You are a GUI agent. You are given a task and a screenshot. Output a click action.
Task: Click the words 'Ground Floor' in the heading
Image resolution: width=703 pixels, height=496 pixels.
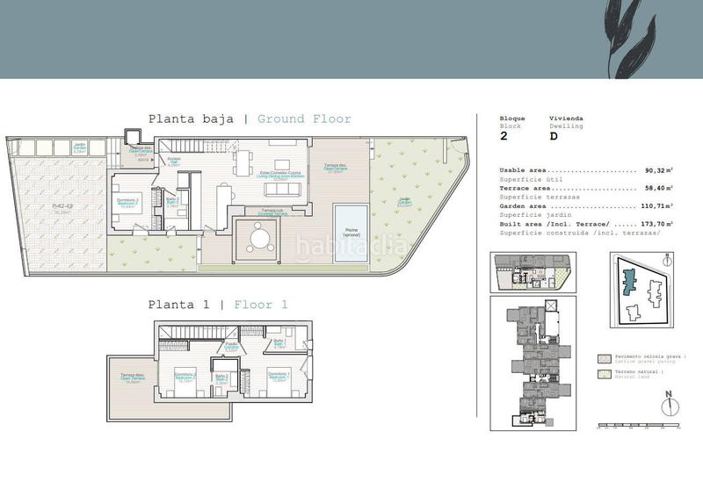304,119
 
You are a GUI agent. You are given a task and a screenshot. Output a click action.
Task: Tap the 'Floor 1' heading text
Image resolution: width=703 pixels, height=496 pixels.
259,305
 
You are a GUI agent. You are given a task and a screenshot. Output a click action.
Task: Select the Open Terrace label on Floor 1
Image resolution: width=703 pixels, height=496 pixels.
133,379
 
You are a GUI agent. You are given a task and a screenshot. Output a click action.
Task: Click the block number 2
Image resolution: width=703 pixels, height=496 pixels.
504,137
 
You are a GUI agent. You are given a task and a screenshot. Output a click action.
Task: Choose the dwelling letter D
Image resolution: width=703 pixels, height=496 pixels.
554,137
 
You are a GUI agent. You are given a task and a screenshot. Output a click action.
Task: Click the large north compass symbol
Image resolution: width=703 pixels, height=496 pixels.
670,406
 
